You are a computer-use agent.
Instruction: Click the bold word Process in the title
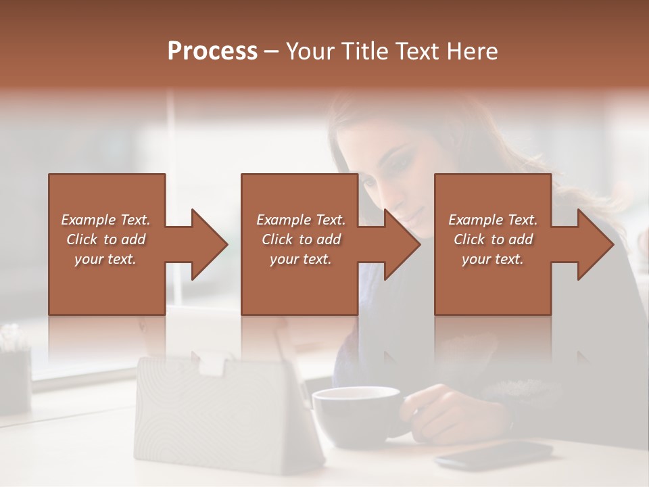pos(212,52)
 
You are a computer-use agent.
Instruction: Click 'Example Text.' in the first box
pos(105,220)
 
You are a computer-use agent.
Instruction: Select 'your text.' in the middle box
pos(300,259)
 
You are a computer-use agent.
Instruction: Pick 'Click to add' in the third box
pos(493,239)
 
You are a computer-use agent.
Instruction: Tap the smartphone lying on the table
pos(494,455)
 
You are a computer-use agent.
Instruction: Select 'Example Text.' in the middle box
pos(300,220)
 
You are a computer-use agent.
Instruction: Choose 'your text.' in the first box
pos(105,259)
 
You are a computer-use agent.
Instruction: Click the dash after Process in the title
pos(272,52)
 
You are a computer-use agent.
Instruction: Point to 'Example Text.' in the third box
pos(493,220)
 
